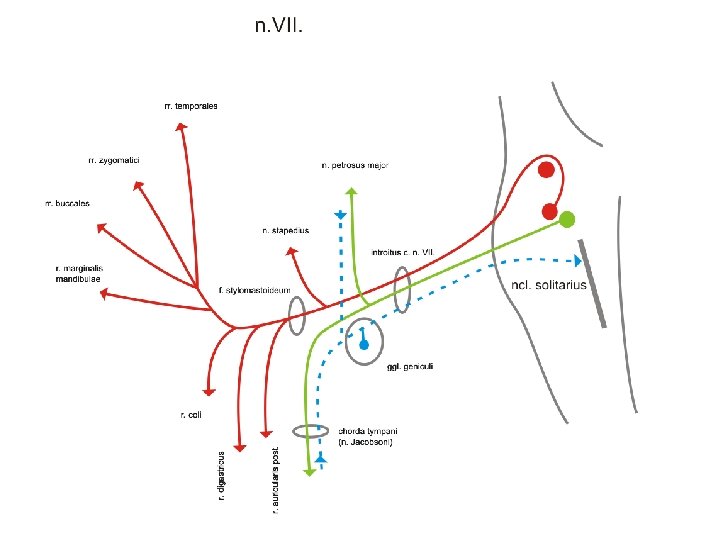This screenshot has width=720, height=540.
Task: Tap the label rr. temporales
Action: [191, 105]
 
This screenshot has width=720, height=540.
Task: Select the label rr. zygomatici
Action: [113, 159]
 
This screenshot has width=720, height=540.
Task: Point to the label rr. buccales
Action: [67, 203]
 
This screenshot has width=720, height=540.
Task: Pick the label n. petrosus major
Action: [354, 165]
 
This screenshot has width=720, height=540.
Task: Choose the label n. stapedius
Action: [285, 230]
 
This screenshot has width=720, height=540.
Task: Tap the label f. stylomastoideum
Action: [254, 290]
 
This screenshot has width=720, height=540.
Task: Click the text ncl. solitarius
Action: [548, 285]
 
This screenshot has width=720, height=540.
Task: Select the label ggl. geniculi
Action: [410, 367]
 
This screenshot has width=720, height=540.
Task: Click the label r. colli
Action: [191, 414]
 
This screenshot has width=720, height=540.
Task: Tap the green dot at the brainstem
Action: [567, 219]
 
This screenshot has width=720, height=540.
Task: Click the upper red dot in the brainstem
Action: [546, 170]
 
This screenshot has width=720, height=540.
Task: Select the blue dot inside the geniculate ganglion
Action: [364, 344]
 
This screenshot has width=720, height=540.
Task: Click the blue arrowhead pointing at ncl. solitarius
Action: [579, 260]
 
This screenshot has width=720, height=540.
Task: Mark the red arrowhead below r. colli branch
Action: [210, 391]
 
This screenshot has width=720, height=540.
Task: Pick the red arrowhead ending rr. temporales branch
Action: [180, 126]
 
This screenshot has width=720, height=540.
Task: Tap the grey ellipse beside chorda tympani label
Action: [310, 432]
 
